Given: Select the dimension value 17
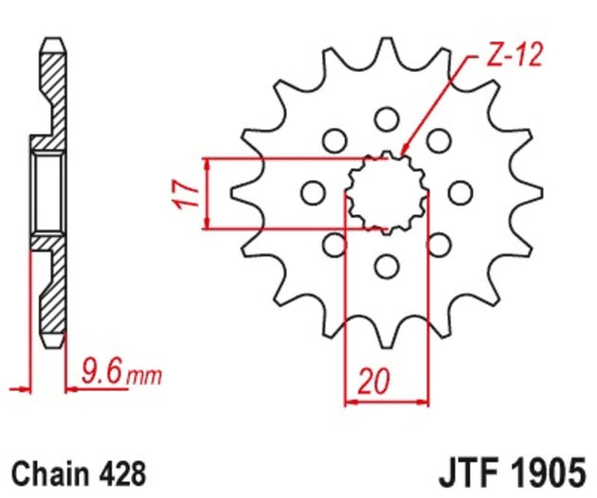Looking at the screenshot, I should click(x=190, y=193).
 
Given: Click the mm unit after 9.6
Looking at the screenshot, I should click(x=144, y=376).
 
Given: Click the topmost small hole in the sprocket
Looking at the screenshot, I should click(x=385, y=119).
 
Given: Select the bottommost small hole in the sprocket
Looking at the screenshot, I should click(x=385, y=266).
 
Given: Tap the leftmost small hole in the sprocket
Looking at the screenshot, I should click(x=311, y=193).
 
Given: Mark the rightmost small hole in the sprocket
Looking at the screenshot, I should click(x=460, y=193).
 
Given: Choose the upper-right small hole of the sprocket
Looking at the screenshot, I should click(x=437, y=141).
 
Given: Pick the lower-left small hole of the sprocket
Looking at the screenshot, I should click(x=334, y=245).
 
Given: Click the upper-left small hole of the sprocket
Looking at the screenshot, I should click(x=334, y=141).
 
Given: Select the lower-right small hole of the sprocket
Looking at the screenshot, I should click(x=437, y=245).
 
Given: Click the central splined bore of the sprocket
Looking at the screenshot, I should click(x=385, y=193).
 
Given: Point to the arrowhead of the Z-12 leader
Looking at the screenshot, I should click(x=404, y=151).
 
